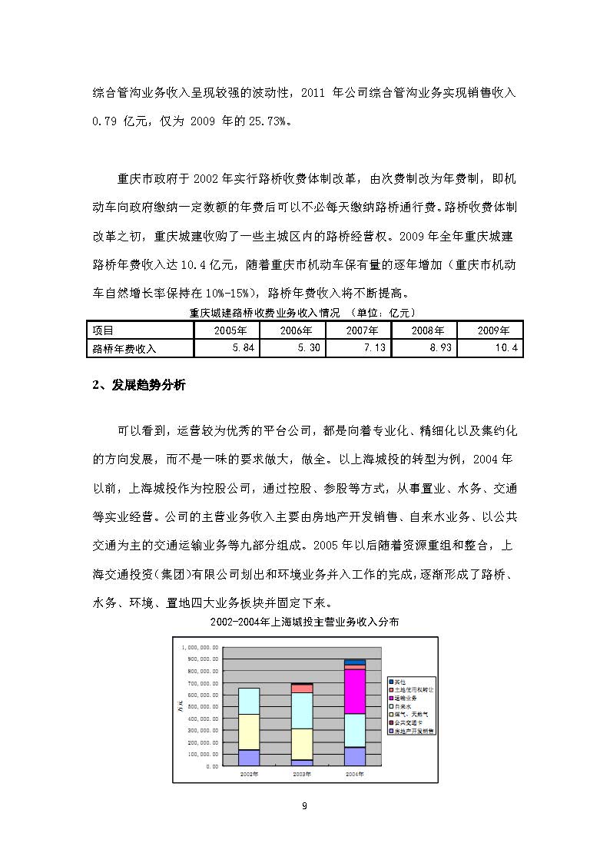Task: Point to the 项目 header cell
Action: click(x=103, y=330)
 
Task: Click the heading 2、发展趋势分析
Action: click(x=139, y=386)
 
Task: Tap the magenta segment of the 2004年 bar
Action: click(x=355, y=692)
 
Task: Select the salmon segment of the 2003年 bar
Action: click(x=302, y=689)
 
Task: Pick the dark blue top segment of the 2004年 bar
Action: click(x=355, y=662)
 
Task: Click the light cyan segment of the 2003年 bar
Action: click(x=302, y=711)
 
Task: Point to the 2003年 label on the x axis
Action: click(x=302, y=774)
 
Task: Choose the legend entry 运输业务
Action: click(x=406, y=697)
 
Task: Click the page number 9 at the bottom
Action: click(x=305, y=805)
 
